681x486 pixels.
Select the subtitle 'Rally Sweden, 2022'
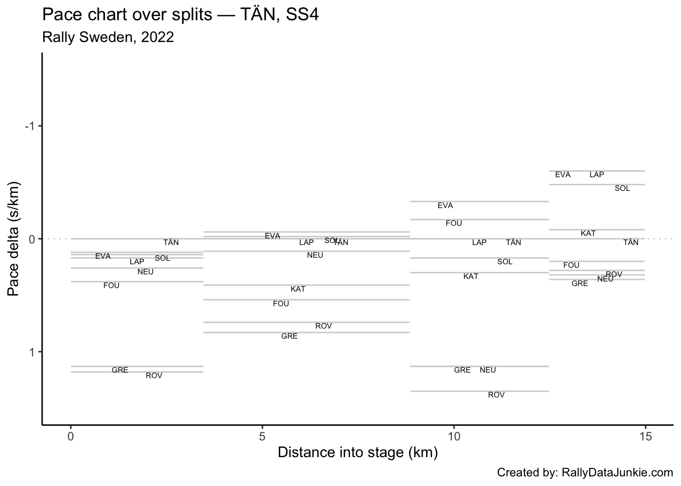[x=108, y=37]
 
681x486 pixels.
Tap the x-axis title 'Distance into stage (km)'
[x=357, y=452]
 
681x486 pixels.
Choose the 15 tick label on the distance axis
[x=645, y=436]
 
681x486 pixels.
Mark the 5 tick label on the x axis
[x=262, y=436]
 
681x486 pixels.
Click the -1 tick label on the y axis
[x=29, y=126]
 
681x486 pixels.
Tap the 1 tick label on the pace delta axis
[x=31, y=352]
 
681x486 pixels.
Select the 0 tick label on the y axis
[x=31, y=238]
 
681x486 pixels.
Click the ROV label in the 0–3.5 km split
[x=154, y=376]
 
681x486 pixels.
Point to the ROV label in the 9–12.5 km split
[x=497, y=395]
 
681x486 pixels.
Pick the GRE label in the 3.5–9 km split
[x=289, y=336]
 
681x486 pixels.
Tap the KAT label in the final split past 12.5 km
[x=588, y=233]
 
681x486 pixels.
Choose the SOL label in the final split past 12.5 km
[x=622, y=188]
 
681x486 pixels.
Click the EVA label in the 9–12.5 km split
[x=445, y=206]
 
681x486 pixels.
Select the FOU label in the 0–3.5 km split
[x=111, y=286]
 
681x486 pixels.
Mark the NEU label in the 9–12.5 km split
[x=488, y=370]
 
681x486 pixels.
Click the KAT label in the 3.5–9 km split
[x=298, y=289]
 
